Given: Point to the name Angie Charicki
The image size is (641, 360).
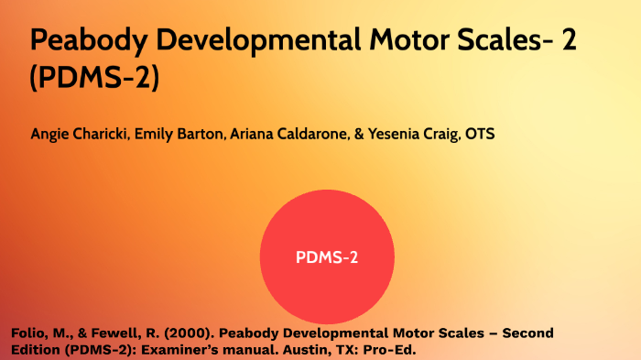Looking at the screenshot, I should (x=79, y=134).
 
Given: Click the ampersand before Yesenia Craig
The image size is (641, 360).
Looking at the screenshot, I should (x=358, y=134).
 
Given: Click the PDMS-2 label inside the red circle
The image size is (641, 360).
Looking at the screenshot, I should (x=327, y=257).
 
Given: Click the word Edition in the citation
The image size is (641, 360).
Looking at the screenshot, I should (x=37, y=350).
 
